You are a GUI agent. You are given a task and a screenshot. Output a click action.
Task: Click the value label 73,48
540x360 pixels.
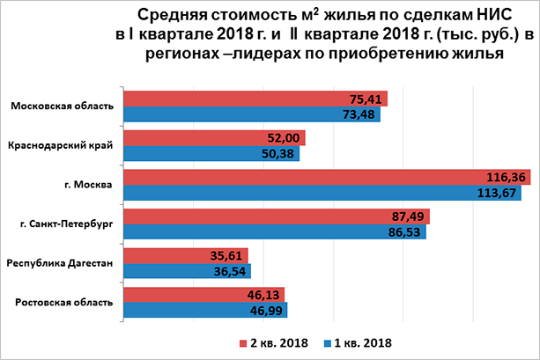click(x=360, y=114)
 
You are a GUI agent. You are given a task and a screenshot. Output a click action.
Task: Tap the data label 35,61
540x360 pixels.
click(x=226, y=256)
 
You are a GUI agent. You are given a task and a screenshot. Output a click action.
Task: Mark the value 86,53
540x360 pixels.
click(x=406, y=232)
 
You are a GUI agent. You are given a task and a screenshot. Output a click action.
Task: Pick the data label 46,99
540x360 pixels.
click(x=268, y=311)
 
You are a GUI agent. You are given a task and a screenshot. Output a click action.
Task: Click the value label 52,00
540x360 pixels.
click(x=285, y=138)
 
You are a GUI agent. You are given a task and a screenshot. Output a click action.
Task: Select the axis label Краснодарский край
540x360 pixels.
click(x=60, y=145)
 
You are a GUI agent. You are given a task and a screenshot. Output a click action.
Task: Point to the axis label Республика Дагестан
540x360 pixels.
click(x=60, y=263)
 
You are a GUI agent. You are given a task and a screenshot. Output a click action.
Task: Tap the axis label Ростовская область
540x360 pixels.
click(x=65, y=303)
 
